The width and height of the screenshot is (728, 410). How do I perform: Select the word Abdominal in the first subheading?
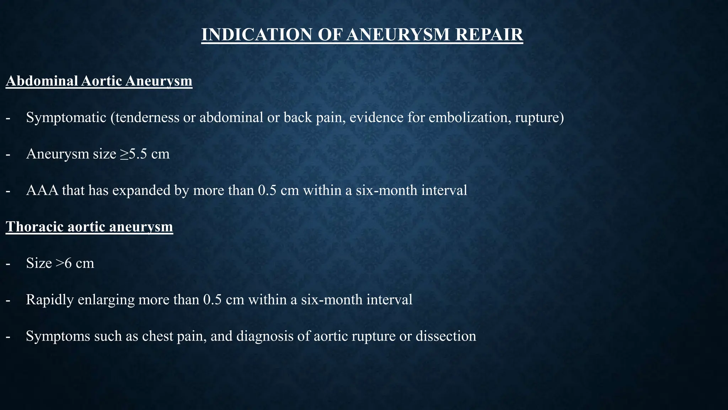tap(42, 81)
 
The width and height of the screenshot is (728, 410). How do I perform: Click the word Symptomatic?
tap(66, 117)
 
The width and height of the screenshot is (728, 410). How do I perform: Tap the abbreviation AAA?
tap(42, 190)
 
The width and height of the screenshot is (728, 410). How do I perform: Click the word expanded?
tap(141, 191)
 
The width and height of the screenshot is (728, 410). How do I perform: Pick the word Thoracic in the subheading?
tap(34, 227)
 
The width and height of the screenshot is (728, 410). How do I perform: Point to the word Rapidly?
tap(50, 300)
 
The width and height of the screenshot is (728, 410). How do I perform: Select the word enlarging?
tap(106, 300)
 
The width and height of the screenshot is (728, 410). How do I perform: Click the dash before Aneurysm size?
tap(8, 154)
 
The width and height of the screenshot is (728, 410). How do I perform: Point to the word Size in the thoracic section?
tap(39, 263)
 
